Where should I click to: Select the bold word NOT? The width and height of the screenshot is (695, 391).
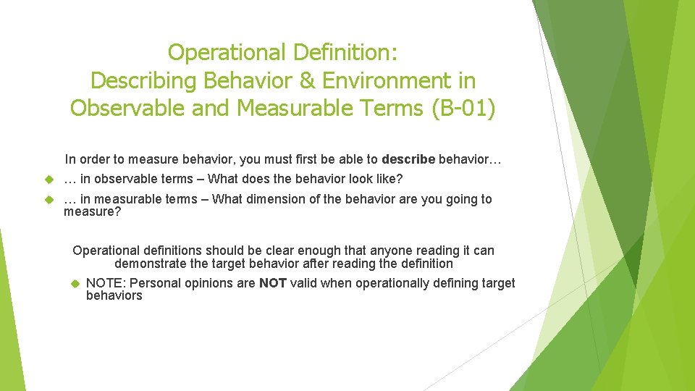(273, 283)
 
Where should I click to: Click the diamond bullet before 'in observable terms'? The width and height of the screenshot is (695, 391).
(49, 179)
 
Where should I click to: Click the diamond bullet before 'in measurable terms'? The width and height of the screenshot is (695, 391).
(49, 199)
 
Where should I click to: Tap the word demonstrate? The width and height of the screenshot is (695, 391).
(149, 264)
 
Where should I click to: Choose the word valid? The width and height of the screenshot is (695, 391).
(303, 283)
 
